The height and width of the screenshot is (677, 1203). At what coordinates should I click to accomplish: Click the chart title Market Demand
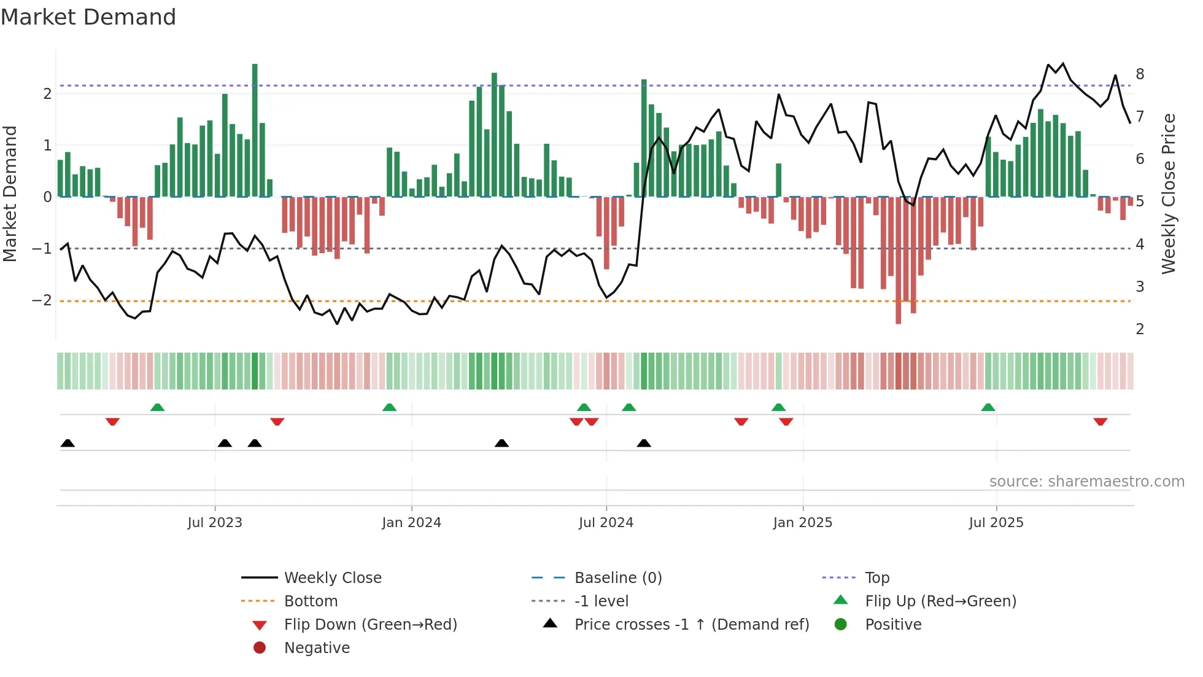point(88,17)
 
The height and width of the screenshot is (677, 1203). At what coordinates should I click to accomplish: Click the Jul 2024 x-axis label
point(606,523)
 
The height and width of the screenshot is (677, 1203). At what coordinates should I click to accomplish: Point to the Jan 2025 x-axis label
point(802,523)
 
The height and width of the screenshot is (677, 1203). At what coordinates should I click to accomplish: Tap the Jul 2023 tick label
point(215,523)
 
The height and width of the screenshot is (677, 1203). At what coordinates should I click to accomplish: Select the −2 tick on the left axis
point(42,300)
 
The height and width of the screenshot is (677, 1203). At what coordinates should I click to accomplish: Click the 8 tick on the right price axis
point(1140,74)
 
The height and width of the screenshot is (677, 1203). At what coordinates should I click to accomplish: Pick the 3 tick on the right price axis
point(1140,287)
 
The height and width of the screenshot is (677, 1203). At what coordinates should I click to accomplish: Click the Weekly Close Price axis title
point(1169,194)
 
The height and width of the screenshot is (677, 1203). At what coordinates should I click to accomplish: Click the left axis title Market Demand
point(10,194)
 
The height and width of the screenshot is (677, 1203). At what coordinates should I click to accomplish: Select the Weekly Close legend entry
point(332,578)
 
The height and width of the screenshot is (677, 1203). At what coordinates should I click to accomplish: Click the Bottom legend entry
point(311,601)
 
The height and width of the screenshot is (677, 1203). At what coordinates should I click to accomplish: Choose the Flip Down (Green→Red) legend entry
point(370,625)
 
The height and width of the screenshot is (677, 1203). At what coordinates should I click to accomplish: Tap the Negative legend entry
point(317,648)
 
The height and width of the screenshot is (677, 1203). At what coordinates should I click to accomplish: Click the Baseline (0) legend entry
point(617,578)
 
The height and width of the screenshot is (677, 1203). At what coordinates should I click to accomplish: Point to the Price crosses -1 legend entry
point(691,625)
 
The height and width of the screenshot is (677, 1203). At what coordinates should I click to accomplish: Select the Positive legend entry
point(892,625)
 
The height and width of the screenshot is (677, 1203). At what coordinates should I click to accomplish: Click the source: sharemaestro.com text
point(1086,482)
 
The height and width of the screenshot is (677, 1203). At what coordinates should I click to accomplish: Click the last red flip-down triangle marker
point(1100,421)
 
